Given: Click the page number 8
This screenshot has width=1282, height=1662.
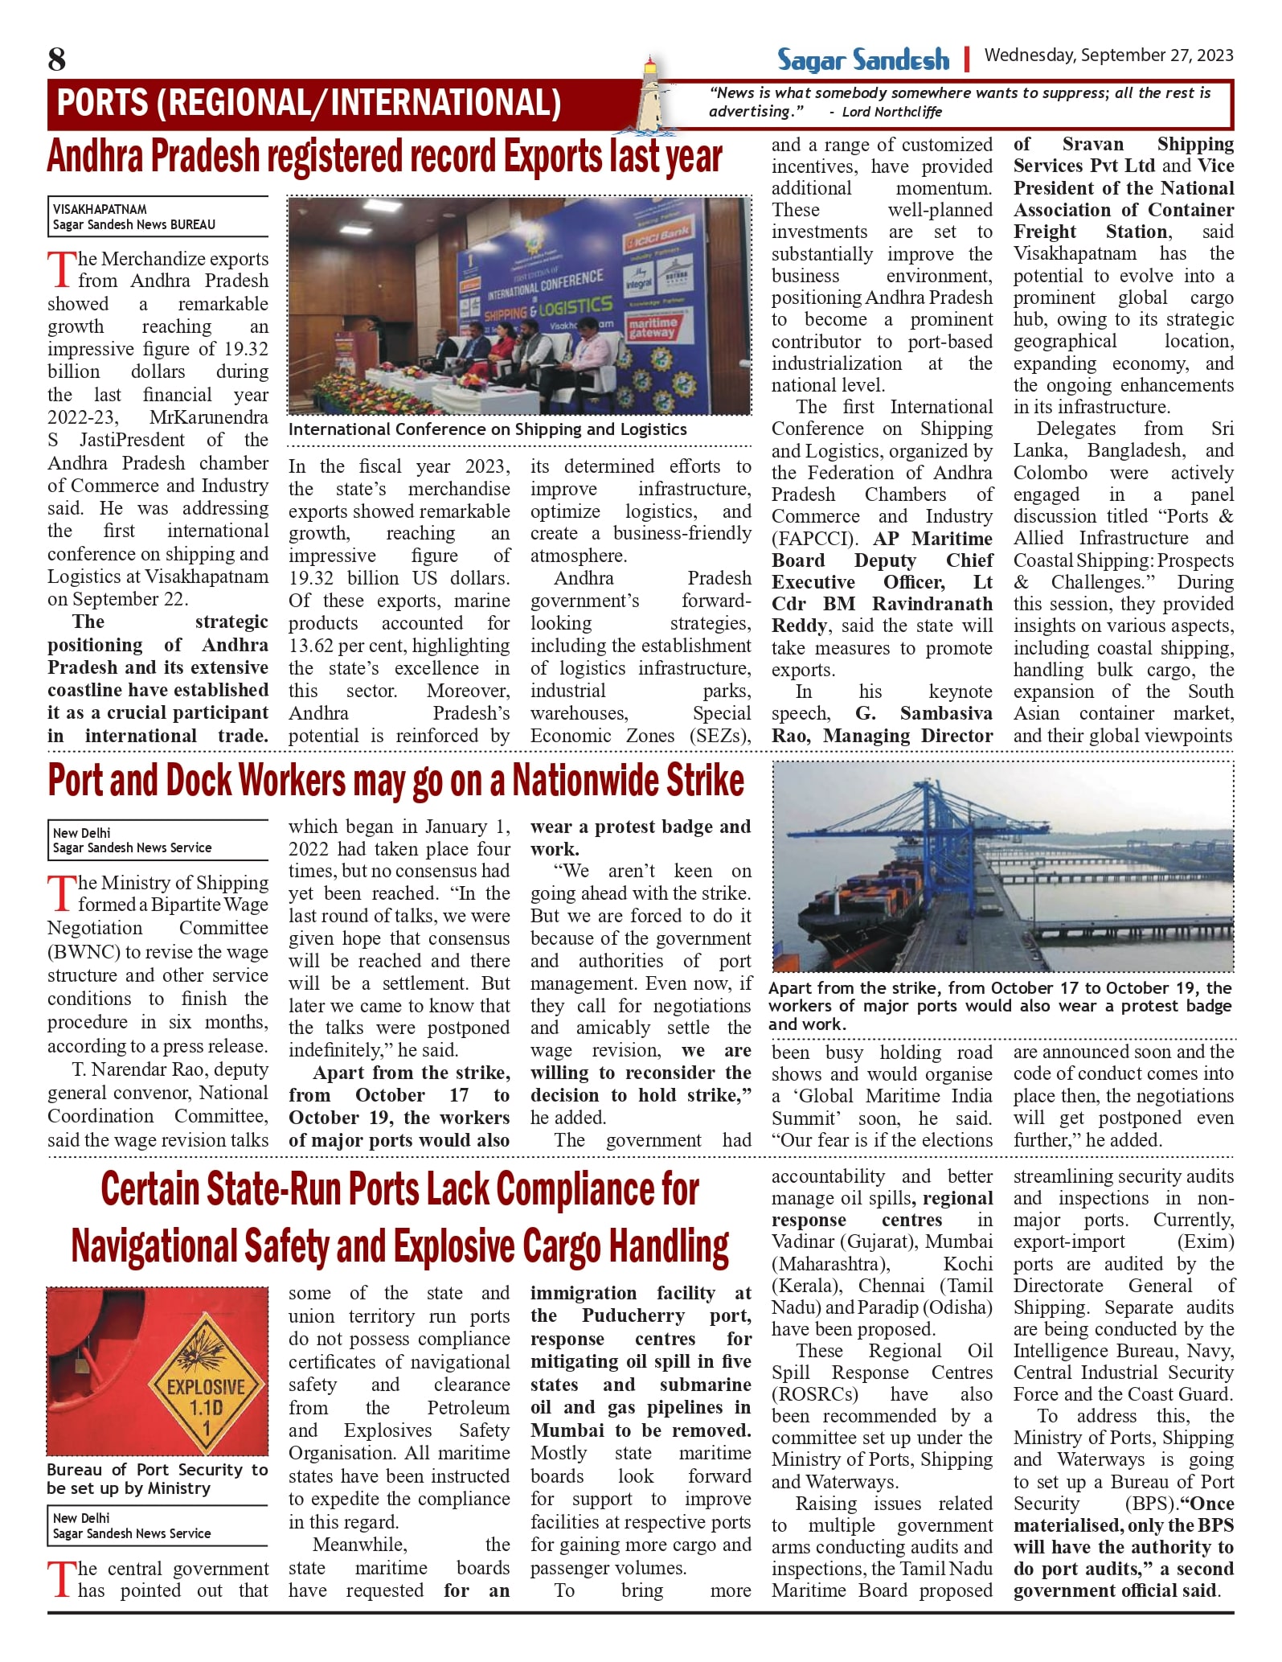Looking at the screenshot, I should pos(56,60).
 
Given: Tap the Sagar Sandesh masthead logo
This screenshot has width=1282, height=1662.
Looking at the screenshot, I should pos(862,60).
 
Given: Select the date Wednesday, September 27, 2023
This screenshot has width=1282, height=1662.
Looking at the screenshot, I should pos(1108,55).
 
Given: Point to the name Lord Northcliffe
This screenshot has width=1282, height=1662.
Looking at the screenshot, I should pos(891,112).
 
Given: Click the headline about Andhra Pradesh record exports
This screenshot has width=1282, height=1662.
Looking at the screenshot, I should pos(384,157).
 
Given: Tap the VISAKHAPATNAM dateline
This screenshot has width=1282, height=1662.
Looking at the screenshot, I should pos(100,209).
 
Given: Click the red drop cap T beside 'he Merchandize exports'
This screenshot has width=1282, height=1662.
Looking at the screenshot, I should pos(61,270).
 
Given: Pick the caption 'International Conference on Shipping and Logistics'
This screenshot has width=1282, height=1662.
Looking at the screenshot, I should pos(487,429).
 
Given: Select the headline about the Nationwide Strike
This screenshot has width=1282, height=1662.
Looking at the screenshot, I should pos(395,781).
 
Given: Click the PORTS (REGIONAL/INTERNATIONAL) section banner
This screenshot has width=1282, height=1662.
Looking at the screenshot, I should pos(309,104).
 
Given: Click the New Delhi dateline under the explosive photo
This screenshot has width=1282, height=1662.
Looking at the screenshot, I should pos(81,1518).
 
